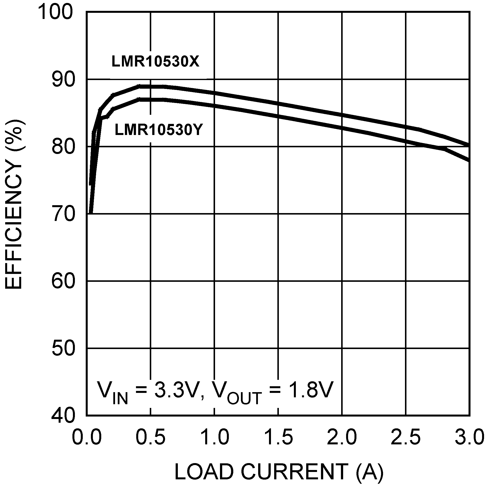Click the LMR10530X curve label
[x=155, y=62]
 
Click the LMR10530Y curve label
[x=159, y=130]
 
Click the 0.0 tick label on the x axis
[x=87, y=437]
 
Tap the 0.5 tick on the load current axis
[x=151, y=437]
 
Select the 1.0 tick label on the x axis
[x=215, y=437]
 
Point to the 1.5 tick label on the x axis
[x=278, y=437]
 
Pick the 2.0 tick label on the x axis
[x=342, y=437]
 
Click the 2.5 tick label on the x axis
[x=406, y=437]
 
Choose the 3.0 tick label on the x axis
[x=469, y=437]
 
